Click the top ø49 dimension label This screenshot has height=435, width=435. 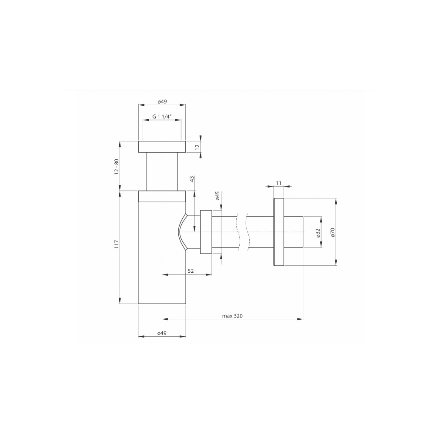pyautogui.click(x=162, y=101)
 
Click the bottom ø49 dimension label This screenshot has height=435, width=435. pyautogui.click(x=162, y=333)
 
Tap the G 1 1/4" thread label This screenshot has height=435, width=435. pyautogui.click(x=162, y=117)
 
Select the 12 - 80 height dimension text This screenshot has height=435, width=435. pyautogui.click(x=117, y=167)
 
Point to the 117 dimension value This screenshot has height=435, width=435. pyautogui.click(x=117, y=244)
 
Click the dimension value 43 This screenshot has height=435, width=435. pyautogui.click(x=191, y=179)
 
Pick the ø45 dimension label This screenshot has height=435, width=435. pyautogui.click(x=217, y=196)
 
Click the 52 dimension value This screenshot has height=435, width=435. pyautogui.click(x=191, y=271)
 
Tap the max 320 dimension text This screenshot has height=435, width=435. pyautogui.click(x=232, y=316)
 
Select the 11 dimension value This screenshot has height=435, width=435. pyautogui.click(x=279, y=183)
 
